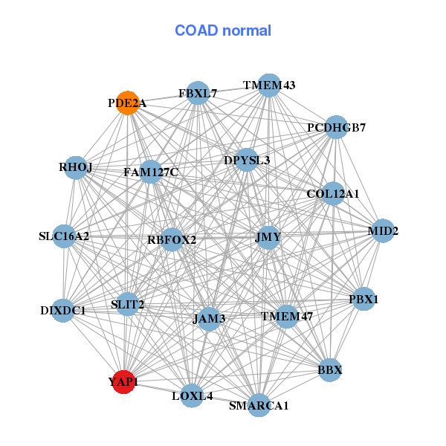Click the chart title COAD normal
(223, 31)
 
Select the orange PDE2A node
(127, 103)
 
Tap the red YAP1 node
(123, 382)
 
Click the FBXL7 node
(198, 94)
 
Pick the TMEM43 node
(269, 85)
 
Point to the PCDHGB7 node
(336, 127)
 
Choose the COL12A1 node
(333, 194)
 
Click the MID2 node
(383, 230)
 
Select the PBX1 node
(363, 300)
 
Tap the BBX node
(330, 369)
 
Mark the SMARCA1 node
(259, 405)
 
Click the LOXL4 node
(193, 396)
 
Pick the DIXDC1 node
(63, 310)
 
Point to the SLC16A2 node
(64, 236)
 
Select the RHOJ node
(76, 168)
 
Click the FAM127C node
(151, 172)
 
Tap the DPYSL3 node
(247, 160)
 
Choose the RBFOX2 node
(172, 239)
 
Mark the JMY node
(268, 238)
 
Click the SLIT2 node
(128, 304)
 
